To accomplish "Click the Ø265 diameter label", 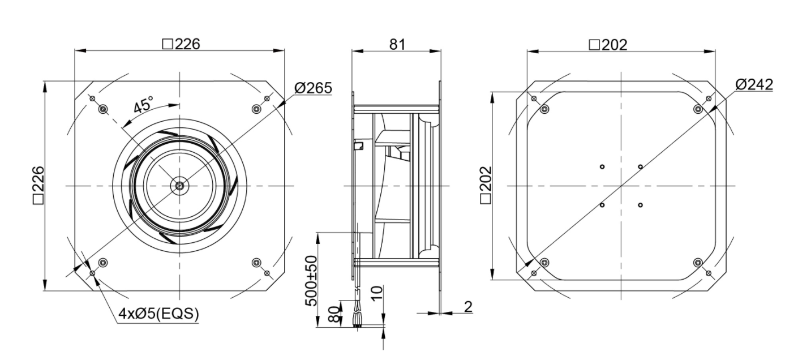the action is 313,88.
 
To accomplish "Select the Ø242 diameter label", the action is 754,84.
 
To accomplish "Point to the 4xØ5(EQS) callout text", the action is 158,314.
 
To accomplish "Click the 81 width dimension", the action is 397,44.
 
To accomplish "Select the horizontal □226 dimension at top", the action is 181,44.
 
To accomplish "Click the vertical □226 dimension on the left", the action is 38,185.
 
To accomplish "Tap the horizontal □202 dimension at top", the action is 608,45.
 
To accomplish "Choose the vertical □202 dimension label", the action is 486,185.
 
